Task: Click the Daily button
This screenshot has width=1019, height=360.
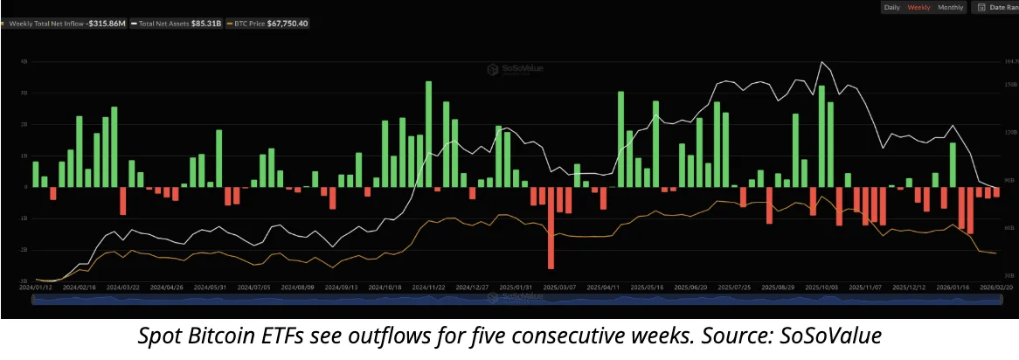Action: [891, 7]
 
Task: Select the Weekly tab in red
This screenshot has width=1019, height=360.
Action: [918, 7]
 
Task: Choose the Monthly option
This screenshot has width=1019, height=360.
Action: [951, 7]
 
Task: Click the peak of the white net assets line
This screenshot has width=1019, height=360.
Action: [821, 63]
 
